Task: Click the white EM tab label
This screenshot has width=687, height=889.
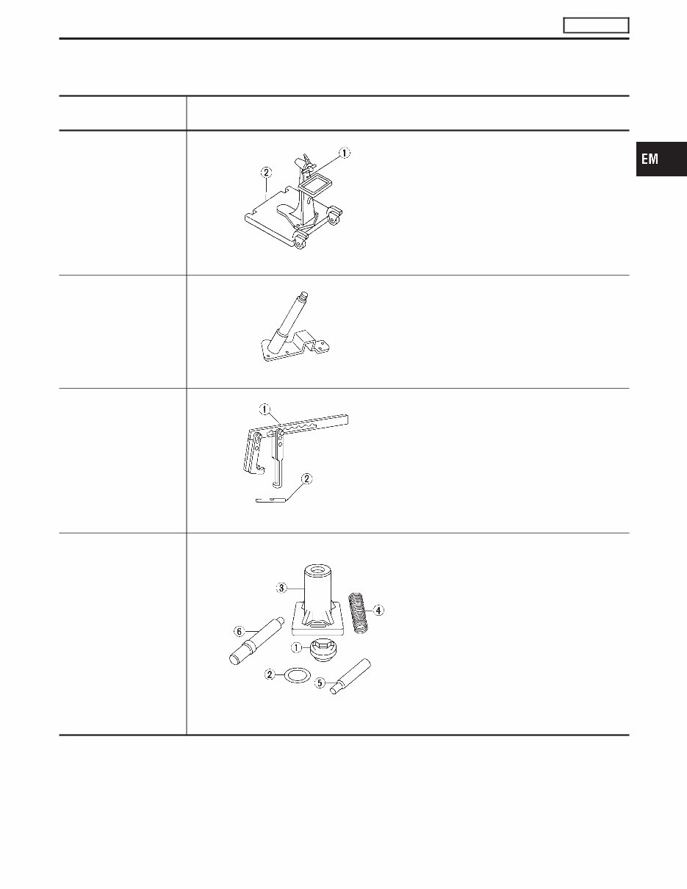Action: [649, 159]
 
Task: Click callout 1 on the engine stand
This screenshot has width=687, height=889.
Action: [345, 154]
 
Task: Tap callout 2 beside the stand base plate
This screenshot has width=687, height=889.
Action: [266, 172]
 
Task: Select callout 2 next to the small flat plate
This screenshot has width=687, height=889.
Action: [307, 479]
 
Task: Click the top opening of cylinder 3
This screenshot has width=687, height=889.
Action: [317, 570]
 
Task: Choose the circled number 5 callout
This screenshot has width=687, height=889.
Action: [320, 683]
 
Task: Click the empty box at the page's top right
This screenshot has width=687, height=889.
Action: [596, 26]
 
